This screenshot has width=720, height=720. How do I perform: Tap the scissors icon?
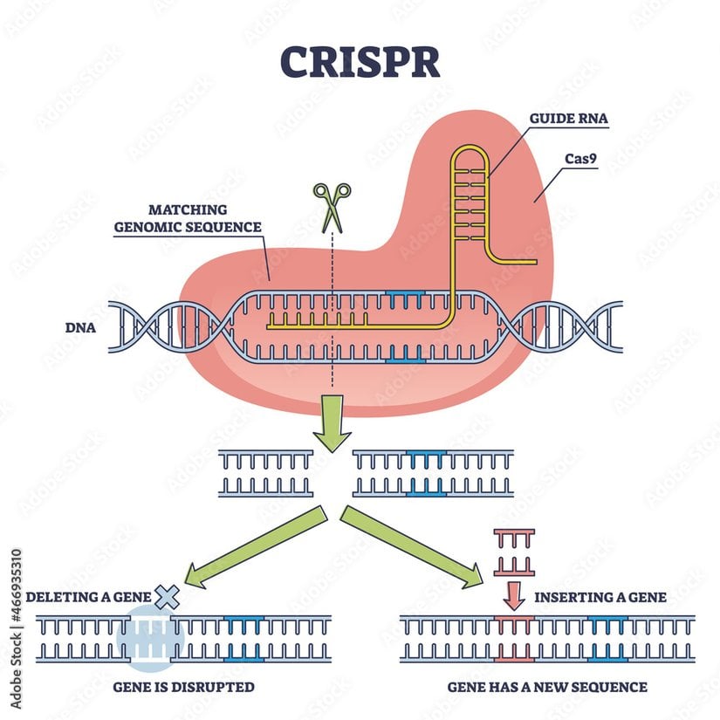coord(332,205)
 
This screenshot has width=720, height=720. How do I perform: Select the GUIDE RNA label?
coord(568,120)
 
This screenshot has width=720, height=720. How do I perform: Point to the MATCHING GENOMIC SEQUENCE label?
coord(188,218)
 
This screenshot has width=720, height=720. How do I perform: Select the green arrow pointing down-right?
coord(410,547)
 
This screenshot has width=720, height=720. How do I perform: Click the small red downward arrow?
coord(514,596)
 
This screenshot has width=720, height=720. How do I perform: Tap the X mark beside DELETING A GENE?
coord(167,597)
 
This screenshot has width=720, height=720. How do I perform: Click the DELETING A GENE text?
coord(88,598)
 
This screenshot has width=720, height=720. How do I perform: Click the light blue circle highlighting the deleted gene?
coord(149,638)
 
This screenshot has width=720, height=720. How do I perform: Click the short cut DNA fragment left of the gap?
coord(265,473)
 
